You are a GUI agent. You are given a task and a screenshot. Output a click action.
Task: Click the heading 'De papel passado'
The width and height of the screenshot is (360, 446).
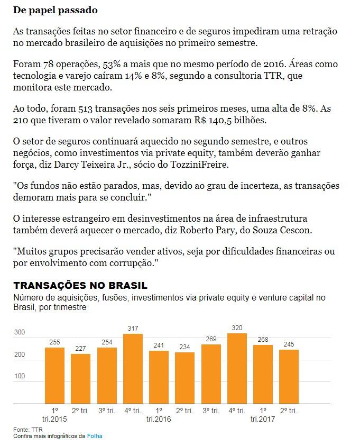click(x=55, y=10)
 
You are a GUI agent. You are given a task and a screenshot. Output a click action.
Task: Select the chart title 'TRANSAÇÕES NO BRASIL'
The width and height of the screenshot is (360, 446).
click(x=80, y=286)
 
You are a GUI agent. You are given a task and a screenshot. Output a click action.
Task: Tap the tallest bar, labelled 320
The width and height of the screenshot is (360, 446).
click(x=237, y=368)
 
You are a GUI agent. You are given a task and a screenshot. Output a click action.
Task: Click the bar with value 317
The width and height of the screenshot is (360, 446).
click(x=133, y=369)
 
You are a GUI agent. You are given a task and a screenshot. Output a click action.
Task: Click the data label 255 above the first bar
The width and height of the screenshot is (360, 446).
click(x=55, y=342)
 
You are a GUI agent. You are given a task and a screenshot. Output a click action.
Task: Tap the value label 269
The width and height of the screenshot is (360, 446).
click(x=211, y=339)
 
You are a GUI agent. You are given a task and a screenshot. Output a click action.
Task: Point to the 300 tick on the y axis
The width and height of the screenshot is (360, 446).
click(x=20, y=332)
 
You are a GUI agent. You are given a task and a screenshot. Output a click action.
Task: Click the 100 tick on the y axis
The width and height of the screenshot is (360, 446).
click(x=20, y=376)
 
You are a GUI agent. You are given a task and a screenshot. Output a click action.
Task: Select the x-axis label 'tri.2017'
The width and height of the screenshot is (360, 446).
click(x=263, y=420)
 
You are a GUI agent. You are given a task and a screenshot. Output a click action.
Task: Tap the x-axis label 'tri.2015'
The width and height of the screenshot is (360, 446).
click(x=55, y=420)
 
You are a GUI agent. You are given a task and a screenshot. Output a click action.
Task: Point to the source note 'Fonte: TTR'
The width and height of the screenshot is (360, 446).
click(x=27, y=430)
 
